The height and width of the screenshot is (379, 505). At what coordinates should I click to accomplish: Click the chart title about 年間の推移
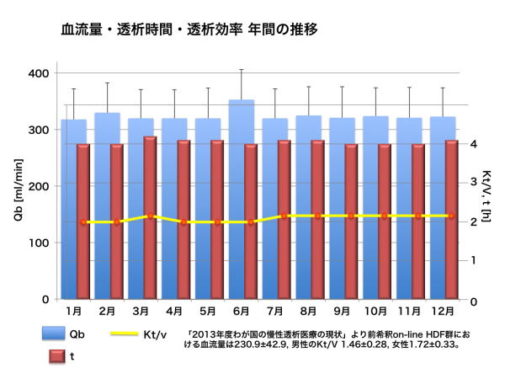click(189, 30)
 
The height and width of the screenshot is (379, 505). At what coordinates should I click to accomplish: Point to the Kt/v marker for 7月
click(284, 216)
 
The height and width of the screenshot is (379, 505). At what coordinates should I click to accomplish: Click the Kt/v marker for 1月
click(82, 222)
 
